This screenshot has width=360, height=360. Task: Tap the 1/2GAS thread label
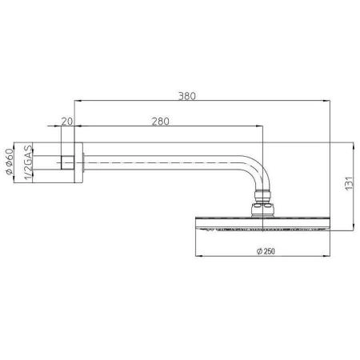click(x=29, y=161)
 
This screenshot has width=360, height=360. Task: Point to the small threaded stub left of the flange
click(x=64, y=161)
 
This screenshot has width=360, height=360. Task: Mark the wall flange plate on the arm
click(x=75, y=161)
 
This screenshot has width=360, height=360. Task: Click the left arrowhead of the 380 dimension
click(x=77, y=101)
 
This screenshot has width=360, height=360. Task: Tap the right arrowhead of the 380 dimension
click(x=329, y=101)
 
